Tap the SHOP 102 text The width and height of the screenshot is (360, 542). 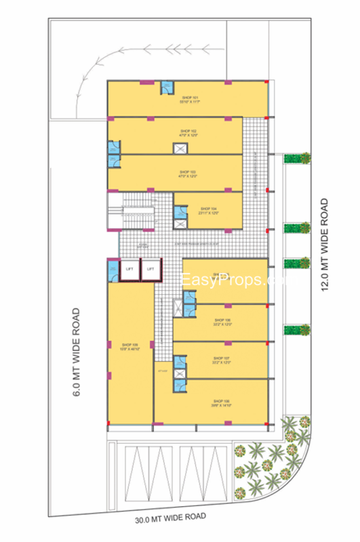coord(188,130)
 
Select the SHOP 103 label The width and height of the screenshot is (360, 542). coord(188,171)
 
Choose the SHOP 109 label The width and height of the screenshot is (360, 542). coord(130,345)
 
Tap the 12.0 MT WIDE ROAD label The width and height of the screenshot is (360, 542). coord(325,244)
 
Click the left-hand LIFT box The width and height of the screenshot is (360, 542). coord(129,269)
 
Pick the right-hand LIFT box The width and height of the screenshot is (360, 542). coord(151,269)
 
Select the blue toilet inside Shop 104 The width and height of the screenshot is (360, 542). coord(180,211)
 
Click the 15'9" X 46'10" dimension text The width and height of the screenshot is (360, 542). coord(130,349)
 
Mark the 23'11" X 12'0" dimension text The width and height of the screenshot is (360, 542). coord(209,213)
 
